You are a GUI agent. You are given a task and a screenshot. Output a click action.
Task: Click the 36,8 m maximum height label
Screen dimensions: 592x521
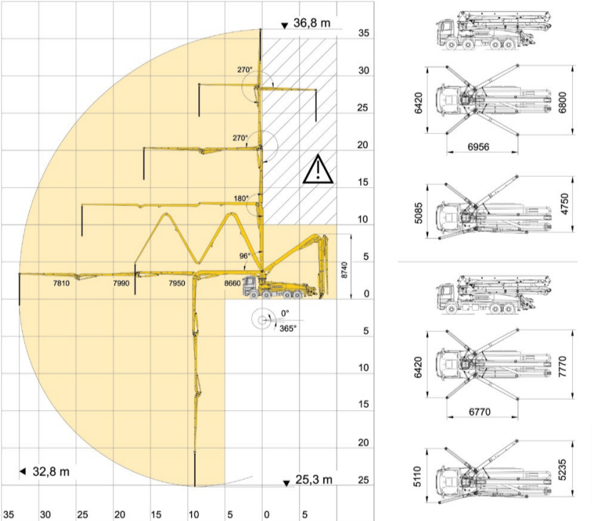point(312,23)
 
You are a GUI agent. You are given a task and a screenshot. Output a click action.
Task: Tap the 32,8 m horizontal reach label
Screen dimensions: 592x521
point(51,472)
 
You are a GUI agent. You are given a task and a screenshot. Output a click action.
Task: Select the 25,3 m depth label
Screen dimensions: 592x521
point(314,480)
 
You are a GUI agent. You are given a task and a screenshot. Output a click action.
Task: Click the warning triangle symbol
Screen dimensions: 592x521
point(318,169)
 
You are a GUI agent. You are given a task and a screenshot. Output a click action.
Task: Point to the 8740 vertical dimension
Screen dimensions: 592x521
point(344,270)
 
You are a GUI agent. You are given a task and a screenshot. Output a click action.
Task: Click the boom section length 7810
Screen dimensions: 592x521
point(61,283)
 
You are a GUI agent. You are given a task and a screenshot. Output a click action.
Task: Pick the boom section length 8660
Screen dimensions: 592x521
point(233,283)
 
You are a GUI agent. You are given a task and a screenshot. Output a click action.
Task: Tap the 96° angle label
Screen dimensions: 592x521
point(245,256)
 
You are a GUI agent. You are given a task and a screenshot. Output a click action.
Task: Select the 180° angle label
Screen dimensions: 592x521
point(241,198)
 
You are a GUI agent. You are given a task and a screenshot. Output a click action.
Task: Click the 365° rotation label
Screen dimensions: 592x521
point(287,329)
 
